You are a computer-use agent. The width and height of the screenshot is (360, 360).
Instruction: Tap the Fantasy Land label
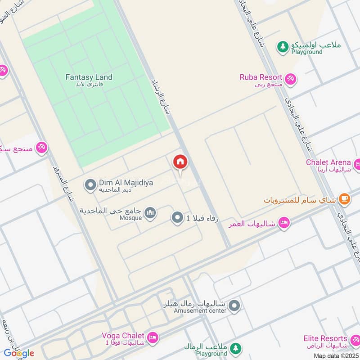coord(89,77)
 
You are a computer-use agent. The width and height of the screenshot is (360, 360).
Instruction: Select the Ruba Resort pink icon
coord(290,78)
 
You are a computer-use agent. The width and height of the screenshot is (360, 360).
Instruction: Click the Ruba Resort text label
coord(261,77)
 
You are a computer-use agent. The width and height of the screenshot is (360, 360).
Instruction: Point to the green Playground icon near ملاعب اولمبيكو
coord(282,46)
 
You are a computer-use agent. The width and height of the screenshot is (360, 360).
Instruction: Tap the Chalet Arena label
coord(328,162)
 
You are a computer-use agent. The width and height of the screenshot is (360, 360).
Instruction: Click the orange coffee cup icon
coord(344,198)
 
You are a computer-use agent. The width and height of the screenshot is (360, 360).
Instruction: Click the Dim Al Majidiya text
coord(119,182)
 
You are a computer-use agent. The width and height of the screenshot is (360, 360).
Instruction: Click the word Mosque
coord(130,218)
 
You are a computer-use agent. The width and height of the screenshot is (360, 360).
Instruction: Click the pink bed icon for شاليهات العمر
coord(283,222)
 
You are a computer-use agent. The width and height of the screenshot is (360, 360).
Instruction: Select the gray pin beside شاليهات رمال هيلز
coord(234,307)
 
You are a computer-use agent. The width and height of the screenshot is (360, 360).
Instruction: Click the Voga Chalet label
coord(123,336)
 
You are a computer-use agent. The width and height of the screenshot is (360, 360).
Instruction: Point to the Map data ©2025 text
coord(336,356)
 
